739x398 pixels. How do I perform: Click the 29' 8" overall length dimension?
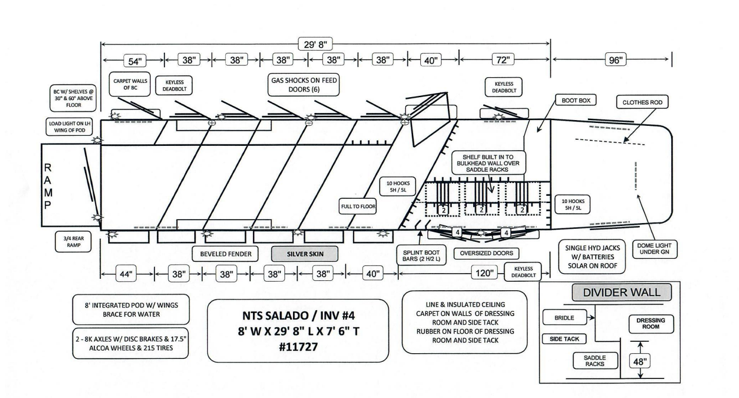[314, 44]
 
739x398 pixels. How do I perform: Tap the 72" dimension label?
[504, 60]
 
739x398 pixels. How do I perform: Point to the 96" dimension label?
[616, 60]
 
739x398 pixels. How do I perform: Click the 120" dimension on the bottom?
[484, 273]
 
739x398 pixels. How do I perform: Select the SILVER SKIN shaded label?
[304, 254]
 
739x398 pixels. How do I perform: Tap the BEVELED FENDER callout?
[226, 254]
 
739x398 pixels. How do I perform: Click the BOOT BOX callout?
[576, 101]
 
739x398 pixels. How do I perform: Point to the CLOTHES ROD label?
[642, 102]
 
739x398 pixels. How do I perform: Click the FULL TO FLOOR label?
[358, 206]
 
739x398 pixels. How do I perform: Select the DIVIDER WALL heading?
[621, 292]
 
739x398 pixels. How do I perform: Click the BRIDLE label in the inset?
[564, 318]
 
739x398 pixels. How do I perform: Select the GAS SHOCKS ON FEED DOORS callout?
[304, 85]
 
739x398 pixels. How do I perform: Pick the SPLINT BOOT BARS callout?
[421, 256]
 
